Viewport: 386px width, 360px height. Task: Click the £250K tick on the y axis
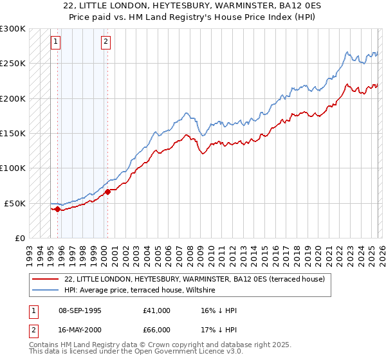click(x=13, y=64)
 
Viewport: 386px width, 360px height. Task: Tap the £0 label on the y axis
click(x=19, y=238)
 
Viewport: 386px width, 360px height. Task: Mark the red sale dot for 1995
click(x=57, y=209)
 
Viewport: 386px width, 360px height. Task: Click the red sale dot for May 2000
click(x=107, y=192)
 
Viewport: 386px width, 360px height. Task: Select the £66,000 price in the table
click(x=157, y=330)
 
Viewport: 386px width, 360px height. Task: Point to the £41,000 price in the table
click(x=157, y=310)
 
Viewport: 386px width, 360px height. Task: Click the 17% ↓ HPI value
click(x=219, y=330)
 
